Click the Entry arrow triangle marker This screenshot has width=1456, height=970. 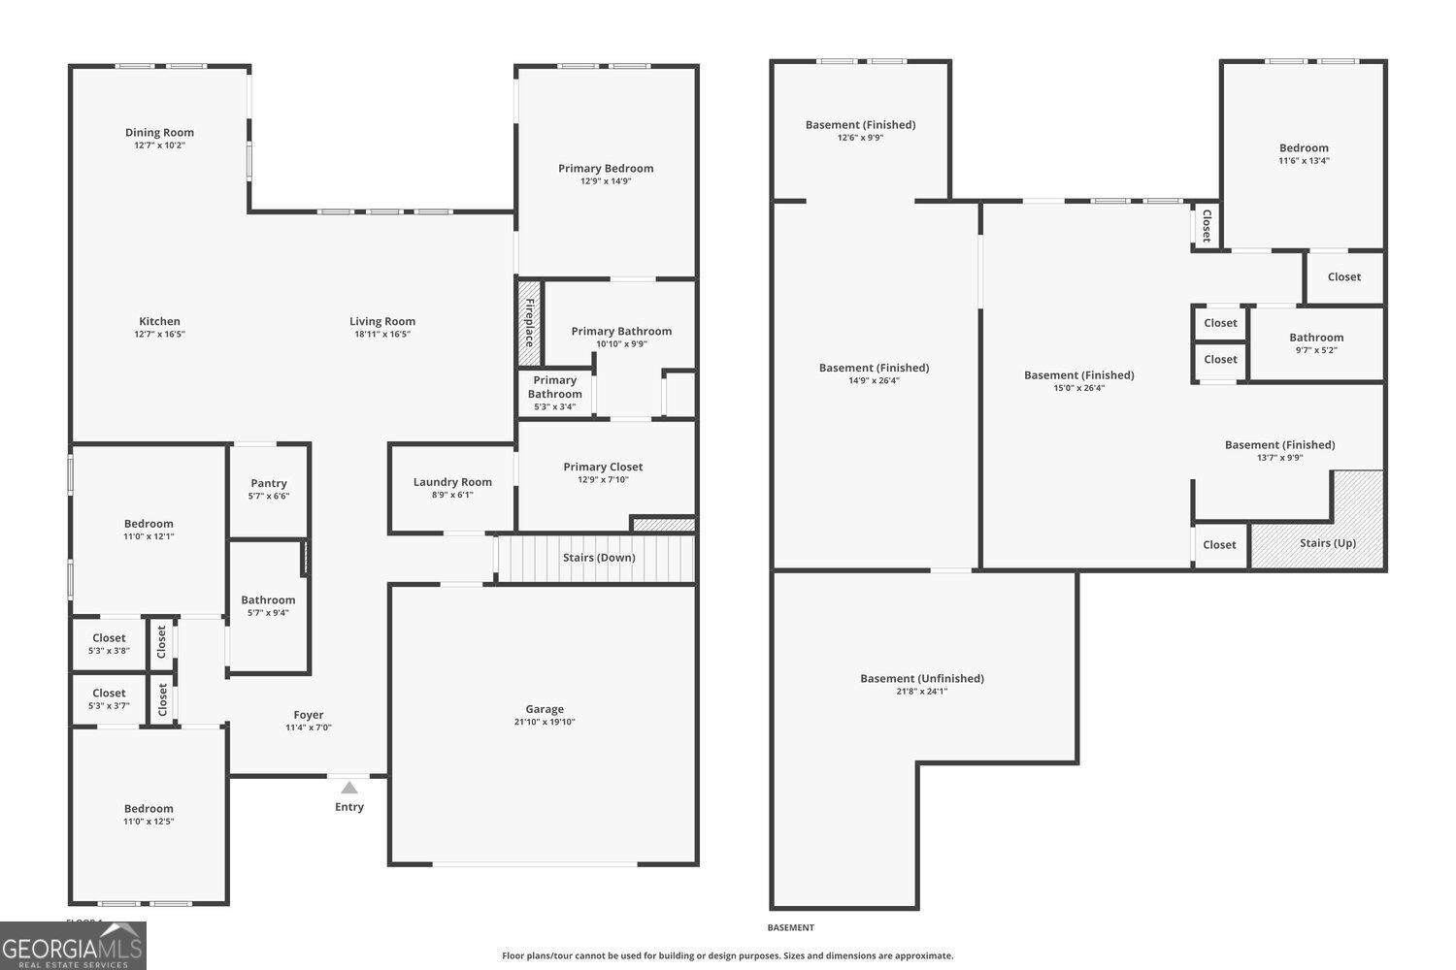point(349,788)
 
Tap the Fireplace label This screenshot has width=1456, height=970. point(530,323)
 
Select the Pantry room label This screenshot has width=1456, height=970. point(269,483)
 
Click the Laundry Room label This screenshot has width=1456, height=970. point(452,481)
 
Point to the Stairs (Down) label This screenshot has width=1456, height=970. point(599,558)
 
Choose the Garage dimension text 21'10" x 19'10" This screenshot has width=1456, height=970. point(545,721)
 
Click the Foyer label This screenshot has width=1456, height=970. point(308,715)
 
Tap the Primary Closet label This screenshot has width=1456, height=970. point(603,467)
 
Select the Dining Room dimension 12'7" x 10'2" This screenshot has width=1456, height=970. point(159,145)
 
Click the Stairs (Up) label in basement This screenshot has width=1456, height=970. point(1327,542)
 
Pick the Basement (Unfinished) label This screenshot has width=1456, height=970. point(922,678)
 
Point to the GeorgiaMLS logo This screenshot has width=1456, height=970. point(73,946)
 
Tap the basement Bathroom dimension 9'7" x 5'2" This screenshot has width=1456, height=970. point(1316,349)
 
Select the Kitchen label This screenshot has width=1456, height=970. point(159,321)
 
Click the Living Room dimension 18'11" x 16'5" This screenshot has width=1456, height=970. point(382,334)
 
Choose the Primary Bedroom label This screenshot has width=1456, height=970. point(606,168)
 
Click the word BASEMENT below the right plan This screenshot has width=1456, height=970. point(790,927)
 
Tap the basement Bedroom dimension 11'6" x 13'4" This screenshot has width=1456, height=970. point(1304,160)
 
